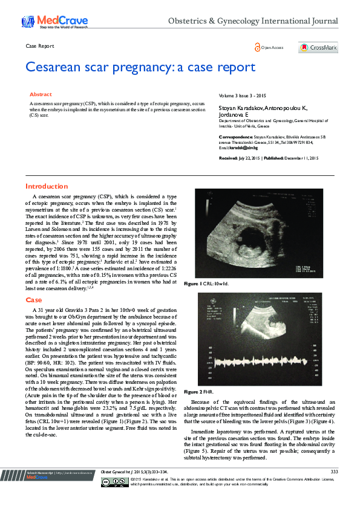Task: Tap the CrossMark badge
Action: [x=318, y=48]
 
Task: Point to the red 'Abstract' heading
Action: [x=41, y=95]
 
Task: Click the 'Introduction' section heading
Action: [x=47, y=186]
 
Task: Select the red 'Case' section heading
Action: [x=33, y=300]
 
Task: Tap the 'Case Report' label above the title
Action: [x=40, y=47]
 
